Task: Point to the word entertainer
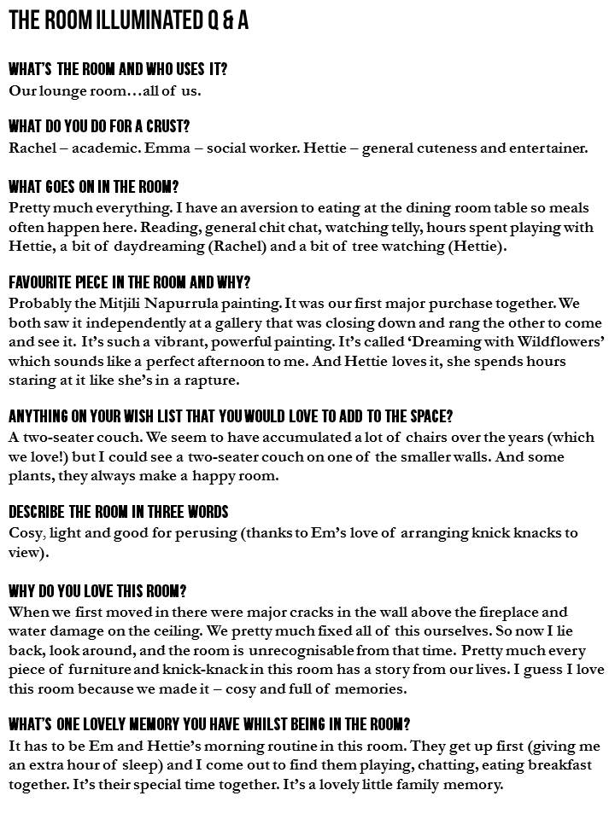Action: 549,148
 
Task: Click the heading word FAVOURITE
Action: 44,282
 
